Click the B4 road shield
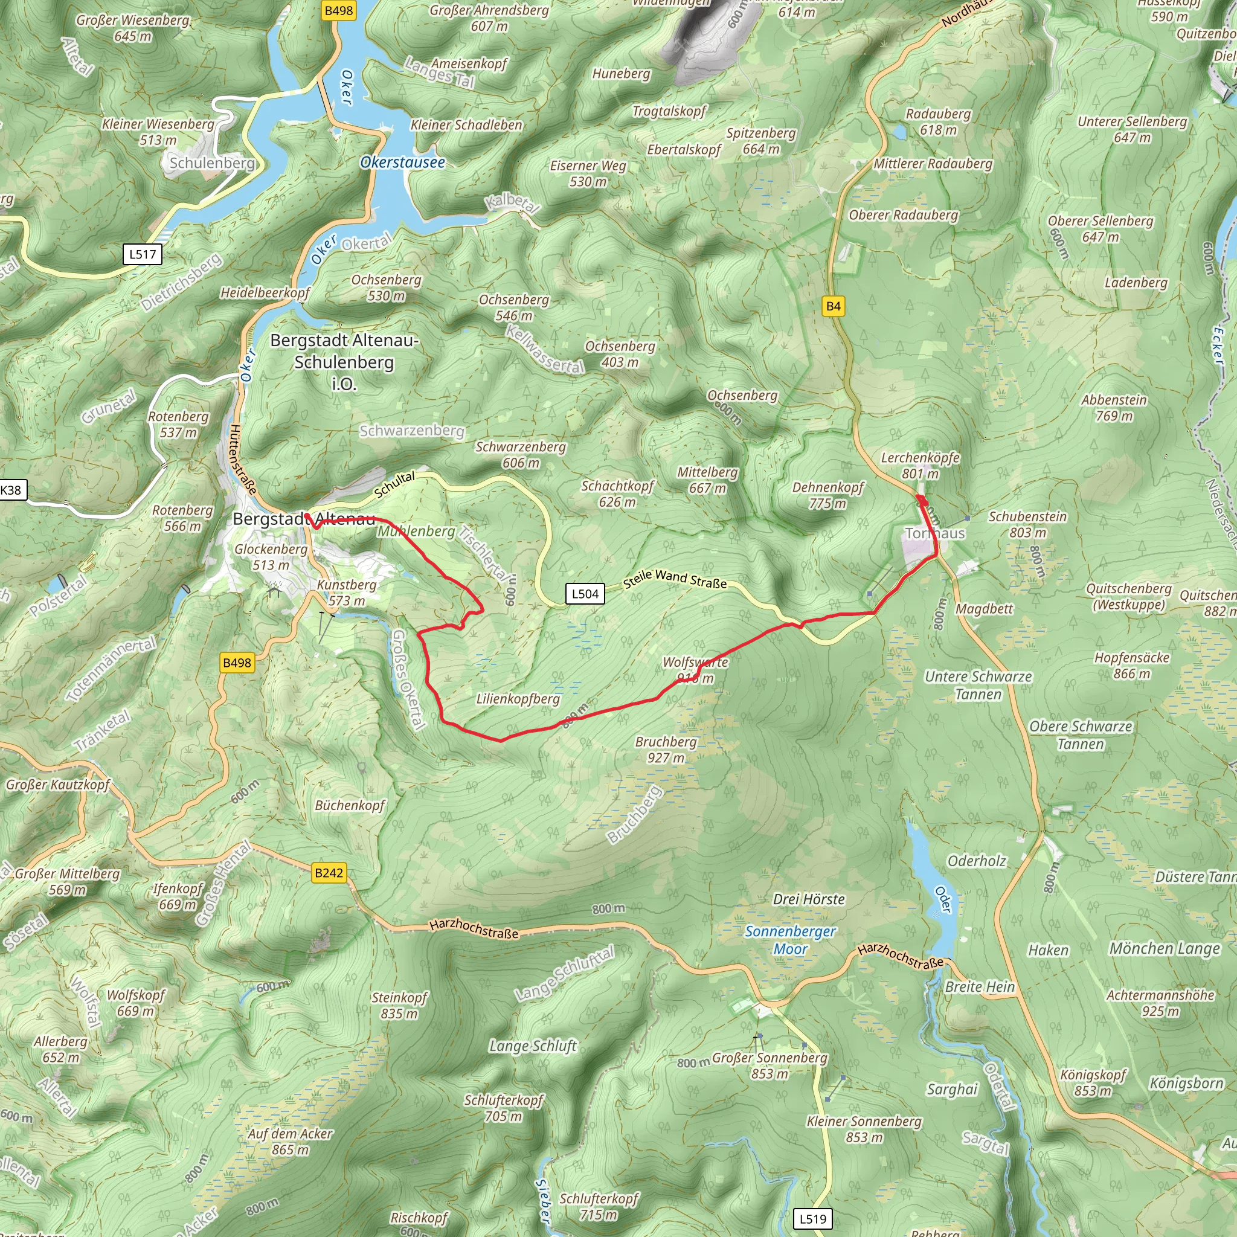[833, 306]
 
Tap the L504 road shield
[585, 594]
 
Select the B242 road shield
[329, 873]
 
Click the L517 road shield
[142, 254]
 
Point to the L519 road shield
[812, 1218]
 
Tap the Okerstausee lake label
[402, 162]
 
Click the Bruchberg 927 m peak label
[665, 750]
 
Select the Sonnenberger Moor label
[790, 940]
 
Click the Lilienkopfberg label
[518, 699]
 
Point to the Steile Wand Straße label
[675, 578]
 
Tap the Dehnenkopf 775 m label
[828, 495]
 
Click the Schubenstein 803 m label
[1027, 524]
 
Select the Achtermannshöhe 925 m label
[1160, 1003]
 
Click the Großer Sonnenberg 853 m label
[770, 1065]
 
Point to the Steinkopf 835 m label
[399, 1005]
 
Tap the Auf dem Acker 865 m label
[291, 1142]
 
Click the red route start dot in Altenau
[307, 515]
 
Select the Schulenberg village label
[212, 163]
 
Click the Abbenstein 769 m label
[1114, 408]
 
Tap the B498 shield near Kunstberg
[236, 663]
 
